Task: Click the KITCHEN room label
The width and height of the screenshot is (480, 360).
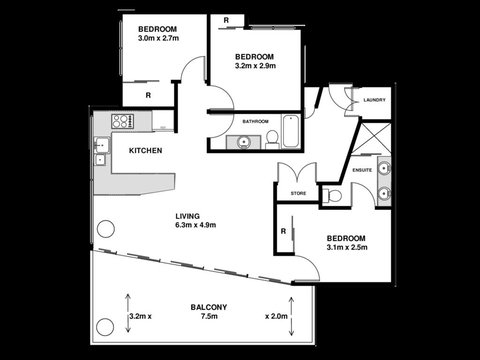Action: point(146,151)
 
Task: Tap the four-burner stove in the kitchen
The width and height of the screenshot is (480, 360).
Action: point(122,122)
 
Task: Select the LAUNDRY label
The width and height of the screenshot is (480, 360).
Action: point(375,100)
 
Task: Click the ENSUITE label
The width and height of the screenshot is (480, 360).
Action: point(362,170)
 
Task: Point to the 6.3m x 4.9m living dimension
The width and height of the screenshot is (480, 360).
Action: point(188,226)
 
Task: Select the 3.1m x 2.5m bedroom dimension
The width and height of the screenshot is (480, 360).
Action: point(346,248)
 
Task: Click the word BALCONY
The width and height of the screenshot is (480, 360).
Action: point(209,306)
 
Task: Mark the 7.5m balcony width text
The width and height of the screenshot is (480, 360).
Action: point(209,317)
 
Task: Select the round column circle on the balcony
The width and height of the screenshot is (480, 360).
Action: point(103,325)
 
